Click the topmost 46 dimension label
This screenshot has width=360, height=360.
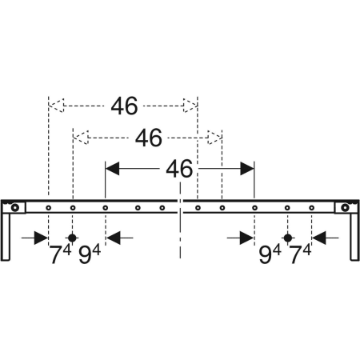(125, 106)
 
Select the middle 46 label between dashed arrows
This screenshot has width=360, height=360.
(149, 138)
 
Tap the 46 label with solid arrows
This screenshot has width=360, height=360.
(179, 169)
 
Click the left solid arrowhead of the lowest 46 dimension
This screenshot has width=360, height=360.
(112, 169)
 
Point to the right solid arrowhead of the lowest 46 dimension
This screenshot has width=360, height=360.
(247, 169)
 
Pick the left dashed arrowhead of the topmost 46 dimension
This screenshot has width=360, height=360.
(56, 106)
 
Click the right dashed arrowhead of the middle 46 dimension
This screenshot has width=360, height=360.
(214, 138)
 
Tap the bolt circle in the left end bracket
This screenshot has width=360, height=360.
(15, 207)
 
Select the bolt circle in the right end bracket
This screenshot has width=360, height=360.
(345, 207)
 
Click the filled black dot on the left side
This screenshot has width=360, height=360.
(72, 238)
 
